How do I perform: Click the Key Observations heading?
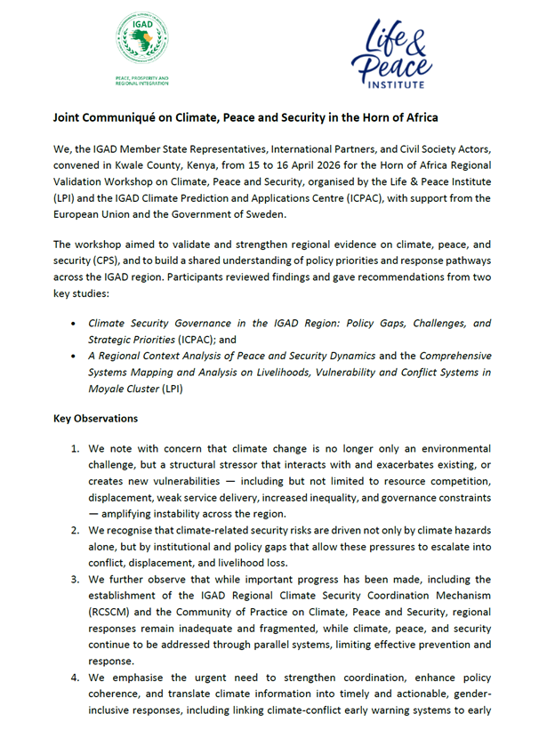95,418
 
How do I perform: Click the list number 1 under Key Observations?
76,450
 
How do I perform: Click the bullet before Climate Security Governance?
73,323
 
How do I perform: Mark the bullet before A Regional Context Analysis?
73,356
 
